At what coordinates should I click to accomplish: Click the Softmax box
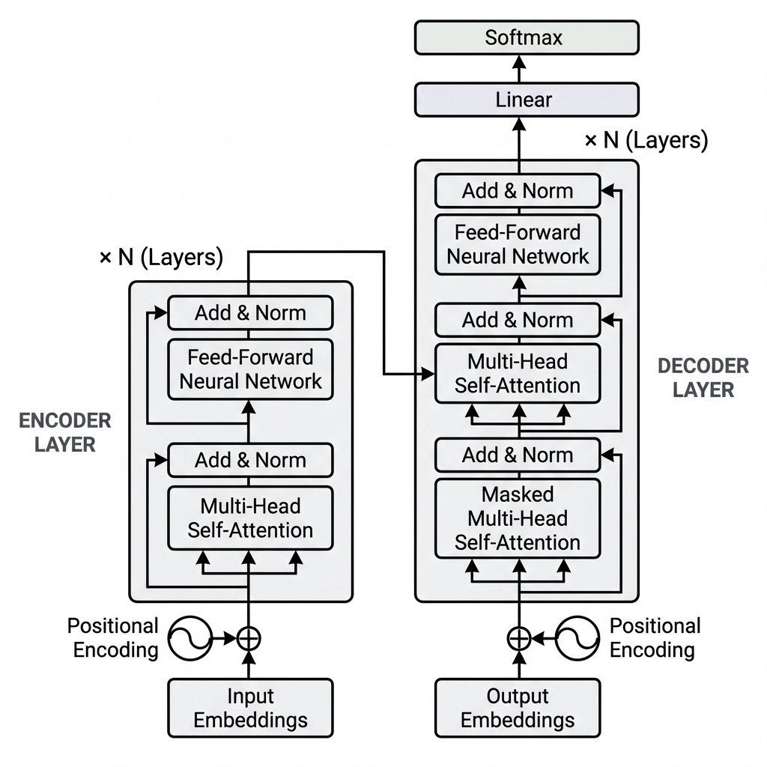(x=527, y=37)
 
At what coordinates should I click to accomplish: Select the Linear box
(x=527, y=100)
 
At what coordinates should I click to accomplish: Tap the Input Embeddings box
(x=250, y=708)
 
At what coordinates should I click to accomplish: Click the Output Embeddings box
(x=518, y=708)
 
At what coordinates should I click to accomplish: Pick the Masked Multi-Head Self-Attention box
(x=518, y=518)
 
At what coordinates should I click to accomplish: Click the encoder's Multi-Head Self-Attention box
(x=250, y=518)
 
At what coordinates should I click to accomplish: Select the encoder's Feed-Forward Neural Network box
(x=250, y=369)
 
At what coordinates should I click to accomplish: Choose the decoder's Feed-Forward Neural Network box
(x=518, y=243)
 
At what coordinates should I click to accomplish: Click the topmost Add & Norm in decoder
(x=518, y=190)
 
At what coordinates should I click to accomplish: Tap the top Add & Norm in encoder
(x=250, y=312)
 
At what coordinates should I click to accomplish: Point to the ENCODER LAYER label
(x=65, y=432)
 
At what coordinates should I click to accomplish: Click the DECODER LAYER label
(x=703, y=378)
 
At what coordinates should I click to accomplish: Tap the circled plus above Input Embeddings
(x=249, y=638)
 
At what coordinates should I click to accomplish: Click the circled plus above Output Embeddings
(x=518, y=638)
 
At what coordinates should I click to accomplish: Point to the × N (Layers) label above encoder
(x=161, y=258)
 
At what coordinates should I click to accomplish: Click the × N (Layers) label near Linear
(x=646, y=140)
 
